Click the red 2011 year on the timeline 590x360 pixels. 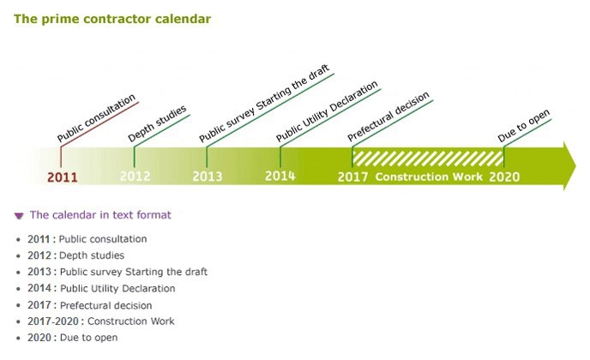coord(63,177)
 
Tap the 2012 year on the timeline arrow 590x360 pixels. coord(135,177)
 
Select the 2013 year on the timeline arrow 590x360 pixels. coord(208,177)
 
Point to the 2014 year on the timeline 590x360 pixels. coord(280,176)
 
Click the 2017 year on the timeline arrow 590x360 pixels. coord(352,177)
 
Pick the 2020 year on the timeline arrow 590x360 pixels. coord(504,177)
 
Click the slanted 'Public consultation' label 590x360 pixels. coord(96,117)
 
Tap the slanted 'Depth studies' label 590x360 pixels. coord(157,123)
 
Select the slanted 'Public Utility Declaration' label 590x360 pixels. coord(327,111)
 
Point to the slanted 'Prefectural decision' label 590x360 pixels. coord(388,117)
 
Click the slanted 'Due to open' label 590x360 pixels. coord(524,126)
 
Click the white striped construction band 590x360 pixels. coord(428,159)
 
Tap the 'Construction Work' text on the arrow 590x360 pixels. coord(429,177)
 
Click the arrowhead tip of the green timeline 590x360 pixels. coord(575,166)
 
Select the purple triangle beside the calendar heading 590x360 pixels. coord(19,215)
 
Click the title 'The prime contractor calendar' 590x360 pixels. coord(112,19)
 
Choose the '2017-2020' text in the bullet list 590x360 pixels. coord(53,321)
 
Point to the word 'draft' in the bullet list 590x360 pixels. coord(196,272)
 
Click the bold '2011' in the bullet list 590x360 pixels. coord(39,239)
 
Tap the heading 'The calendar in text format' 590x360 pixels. coord(100,215)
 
